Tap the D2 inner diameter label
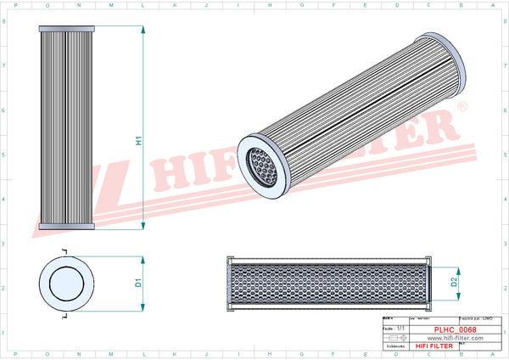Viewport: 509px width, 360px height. (x=454, y=282)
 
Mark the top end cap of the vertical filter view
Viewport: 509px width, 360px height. (x=65, y=28)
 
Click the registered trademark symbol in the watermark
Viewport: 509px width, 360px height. (x=461, y=107)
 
